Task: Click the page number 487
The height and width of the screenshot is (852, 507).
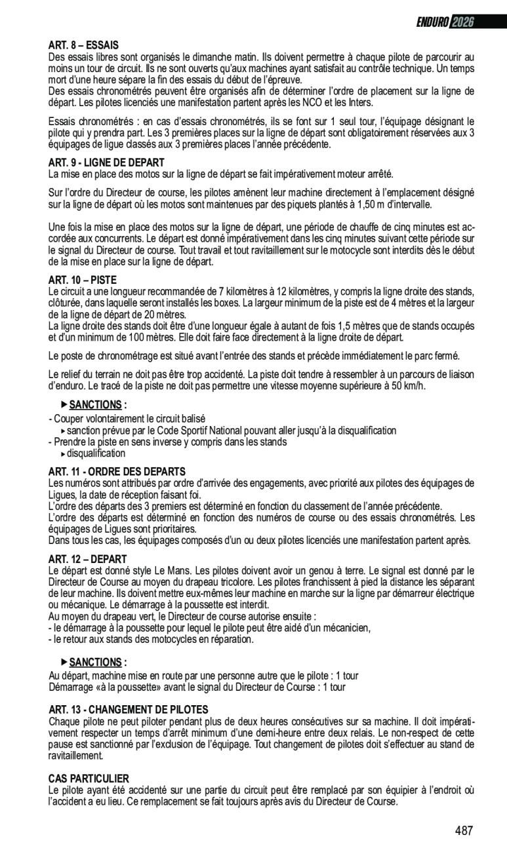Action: click(x=464, y=830)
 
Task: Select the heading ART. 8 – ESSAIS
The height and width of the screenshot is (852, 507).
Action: click(x=83, y=45)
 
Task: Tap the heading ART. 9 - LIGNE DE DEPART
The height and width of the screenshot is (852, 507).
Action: click(x=106, y=162)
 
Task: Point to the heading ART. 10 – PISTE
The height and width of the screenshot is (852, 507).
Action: click(x=82, y=280)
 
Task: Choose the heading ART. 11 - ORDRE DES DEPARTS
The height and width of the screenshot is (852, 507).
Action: click(x=117, y=472)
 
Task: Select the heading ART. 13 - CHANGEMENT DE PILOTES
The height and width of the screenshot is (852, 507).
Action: click(x=128, y=710)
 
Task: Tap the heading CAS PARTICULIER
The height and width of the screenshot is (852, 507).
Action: click(x=89, y=779)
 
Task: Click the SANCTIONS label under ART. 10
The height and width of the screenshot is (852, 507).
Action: click(x=96, y=404)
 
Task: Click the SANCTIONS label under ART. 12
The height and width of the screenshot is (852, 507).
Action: click(x=96, y=662)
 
